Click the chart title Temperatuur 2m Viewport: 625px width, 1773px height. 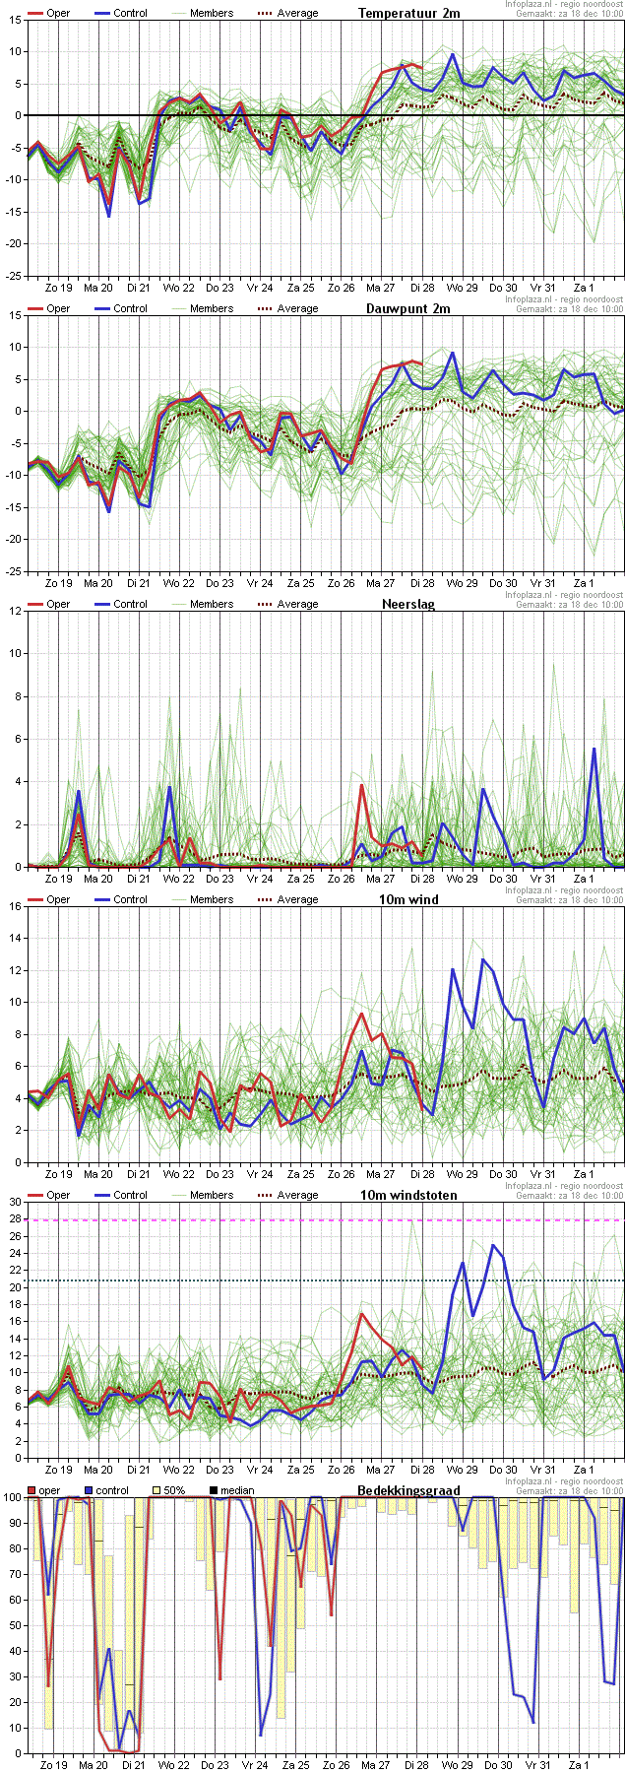point(408,13)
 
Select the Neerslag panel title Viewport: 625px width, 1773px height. point(408,604)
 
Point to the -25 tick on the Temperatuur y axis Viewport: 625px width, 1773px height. point(13,276)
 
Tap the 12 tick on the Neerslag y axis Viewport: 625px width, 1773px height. point(15,611)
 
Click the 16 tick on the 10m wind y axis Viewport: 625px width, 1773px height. point(15,906)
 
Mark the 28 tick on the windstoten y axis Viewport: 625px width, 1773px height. point(15,1219)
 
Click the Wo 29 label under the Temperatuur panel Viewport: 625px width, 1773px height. point(462,287)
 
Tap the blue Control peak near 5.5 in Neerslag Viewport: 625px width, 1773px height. point(594,750)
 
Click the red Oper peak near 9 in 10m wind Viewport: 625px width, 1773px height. point(361,1014)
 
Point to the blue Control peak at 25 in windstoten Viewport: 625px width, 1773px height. point(493,1245)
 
